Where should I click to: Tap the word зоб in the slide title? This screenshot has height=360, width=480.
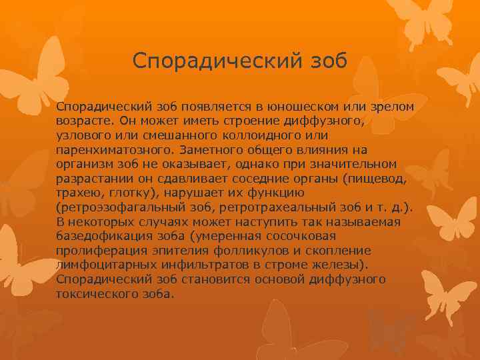pos(324,61)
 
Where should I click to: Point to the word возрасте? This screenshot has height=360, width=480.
pos(84,121)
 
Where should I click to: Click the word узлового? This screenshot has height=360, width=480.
pos(83,136)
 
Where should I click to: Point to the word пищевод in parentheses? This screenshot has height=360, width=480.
pos(372,179)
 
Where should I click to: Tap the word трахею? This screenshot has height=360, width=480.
pos(79,193)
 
